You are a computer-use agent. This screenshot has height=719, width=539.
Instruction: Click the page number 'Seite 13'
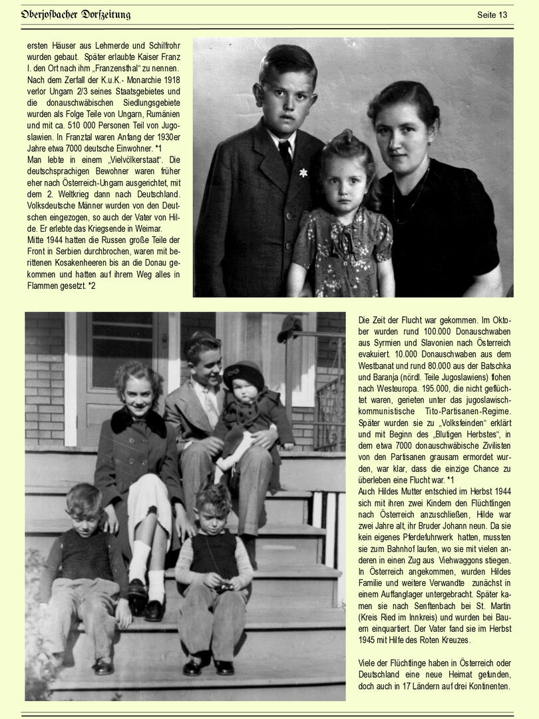pyautogui.click(x=492, y=15)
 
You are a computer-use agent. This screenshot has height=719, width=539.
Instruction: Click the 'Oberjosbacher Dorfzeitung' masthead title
pyautogui.click(x=75, y=15)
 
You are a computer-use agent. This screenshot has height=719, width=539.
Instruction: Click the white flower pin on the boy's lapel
pyautogui.click(x=303, y=172)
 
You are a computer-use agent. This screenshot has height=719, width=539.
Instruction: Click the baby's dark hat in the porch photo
pyautogui.click(x=243, y=375)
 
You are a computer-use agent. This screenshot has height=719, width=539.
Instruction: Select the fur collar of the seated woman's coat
pyautogui.click(x=138, y=421)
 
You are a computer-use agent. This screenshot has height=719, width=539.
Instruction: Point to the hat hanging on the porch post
pyautogui.click(x=289, y=327)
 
